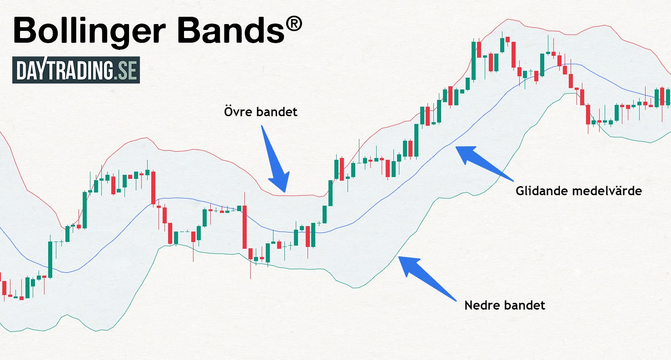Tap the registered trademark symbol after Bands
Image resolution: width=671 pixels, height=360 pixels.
point(294,24)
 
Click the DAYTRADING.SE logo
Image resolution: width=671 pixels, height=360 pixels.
point(76,70)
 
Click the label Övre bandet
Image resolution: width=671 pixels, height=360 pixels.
point(261,112)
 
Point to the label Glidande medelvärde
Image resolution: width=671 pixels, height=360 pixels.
point(578,191)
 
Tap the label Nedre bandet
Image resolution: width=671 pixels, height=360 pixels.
point(504,305)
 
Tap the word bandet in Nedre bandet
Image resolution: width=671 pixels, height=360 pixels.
point(525,305)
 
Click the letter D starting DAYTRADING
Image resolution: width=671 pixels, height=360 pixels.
point(21,70)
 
